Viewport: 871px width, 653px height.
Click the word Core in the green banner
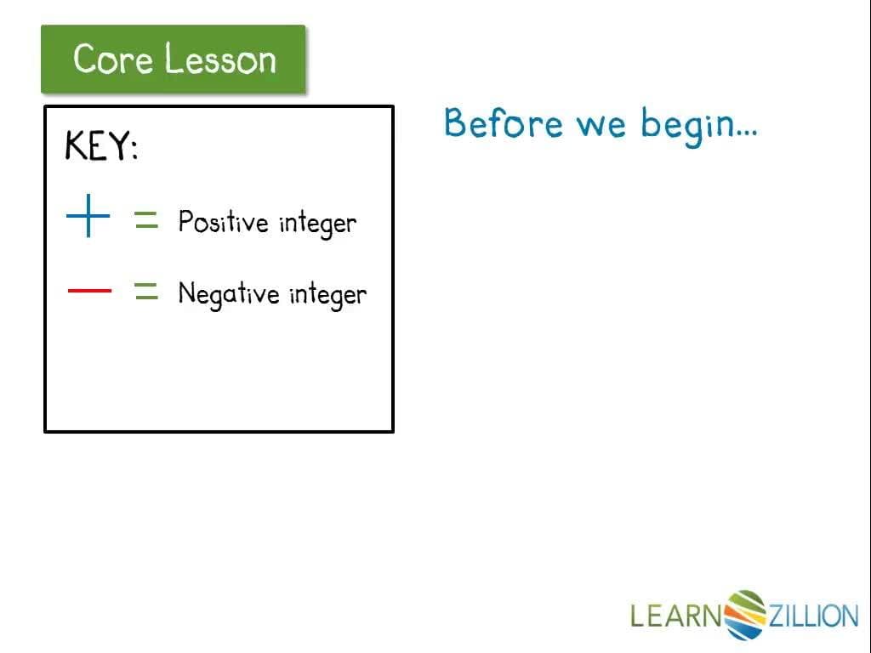pyautogui.click(x=113, y=59)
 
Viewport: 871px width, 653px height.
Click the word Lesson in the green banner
pyautogui.click(x=220, y=59)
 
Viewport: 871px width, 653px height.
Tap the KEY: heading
pyautogui.click(x=102, y=145)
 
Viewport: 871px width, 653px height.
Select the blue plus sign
pyautogui.click(x=88, y=215)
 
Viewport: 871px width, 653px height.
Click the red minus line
pyautogui.click(x=89, y=291)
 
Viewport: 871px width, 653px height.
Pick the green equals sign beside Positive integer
pyautogui.click(x=146, y=220)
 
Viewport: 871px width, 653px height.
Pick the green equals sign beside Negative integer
pyautogui.click(x=146, y=291)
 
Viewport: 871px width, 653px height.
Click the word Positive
pyautogui.click(x=224, y=222)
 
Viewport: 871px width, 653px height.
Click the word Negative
pyautogui.click(x=229, y=293)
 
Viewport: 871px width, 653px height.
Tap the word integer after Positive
pyautogui.click(x=318, y=224)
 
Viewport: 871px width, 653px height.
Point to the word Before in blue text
pyautogui.click(x=504, y=122)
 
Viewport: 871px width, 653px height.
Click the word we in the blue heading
pyautogui.click(x=601, y=126)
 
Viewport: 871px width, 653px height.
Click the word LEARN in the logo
pyautogui.click(x=676, y=616)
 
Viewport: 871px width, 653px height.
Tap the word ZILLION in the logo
pyautogui.click(x=813, y=616)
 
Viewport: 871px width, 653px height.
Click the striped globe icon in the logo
pyautogui.click(x=745, y=615)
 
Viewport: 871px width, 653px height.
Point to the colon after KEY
pyautogui.click(x=134, y=148)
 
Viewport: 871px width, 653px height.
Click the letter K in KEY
pyautogui.click(x=76, y=145)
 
